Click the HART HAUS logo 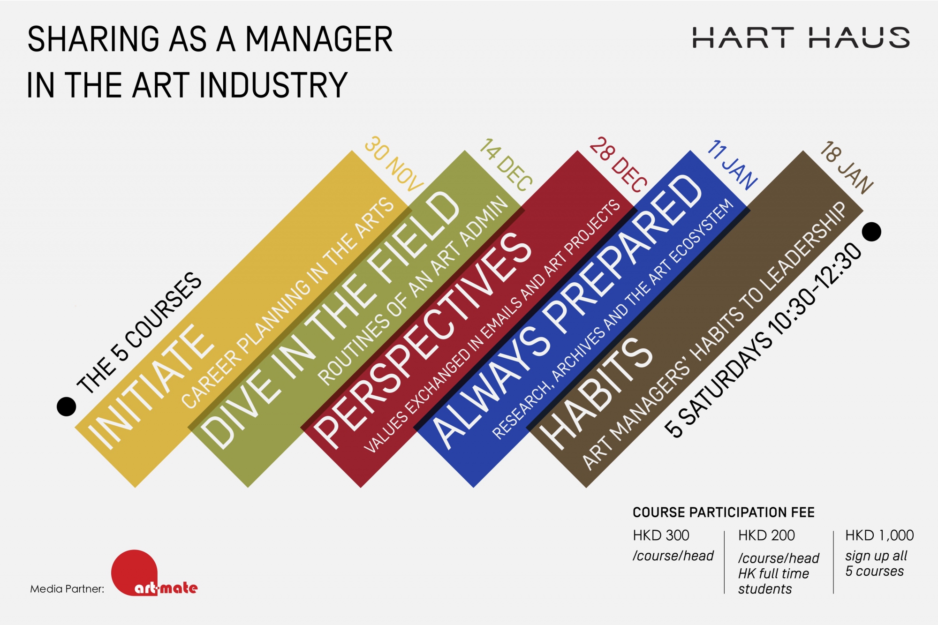pos(801,38)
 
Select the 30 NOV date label pos(394,164)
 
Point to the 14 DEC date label pos(506,165)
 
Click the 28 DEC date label pos(619,165)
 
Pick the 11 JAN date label pos(733,165)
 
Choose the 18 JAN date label pos(847,167)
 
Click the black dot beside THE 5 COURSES pos(66,407)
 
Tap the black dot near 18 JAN pos(871,232)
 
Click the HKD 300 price pos(661,535)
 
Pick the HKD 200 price pos(766,535)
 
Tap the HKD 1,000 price pos(879,535)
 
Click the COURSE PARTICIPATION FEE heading pos(724,512)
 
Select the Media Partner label pos(68,589)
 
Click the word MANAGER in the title pos(319,39)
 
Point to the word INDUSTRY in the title pos(274,85)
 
